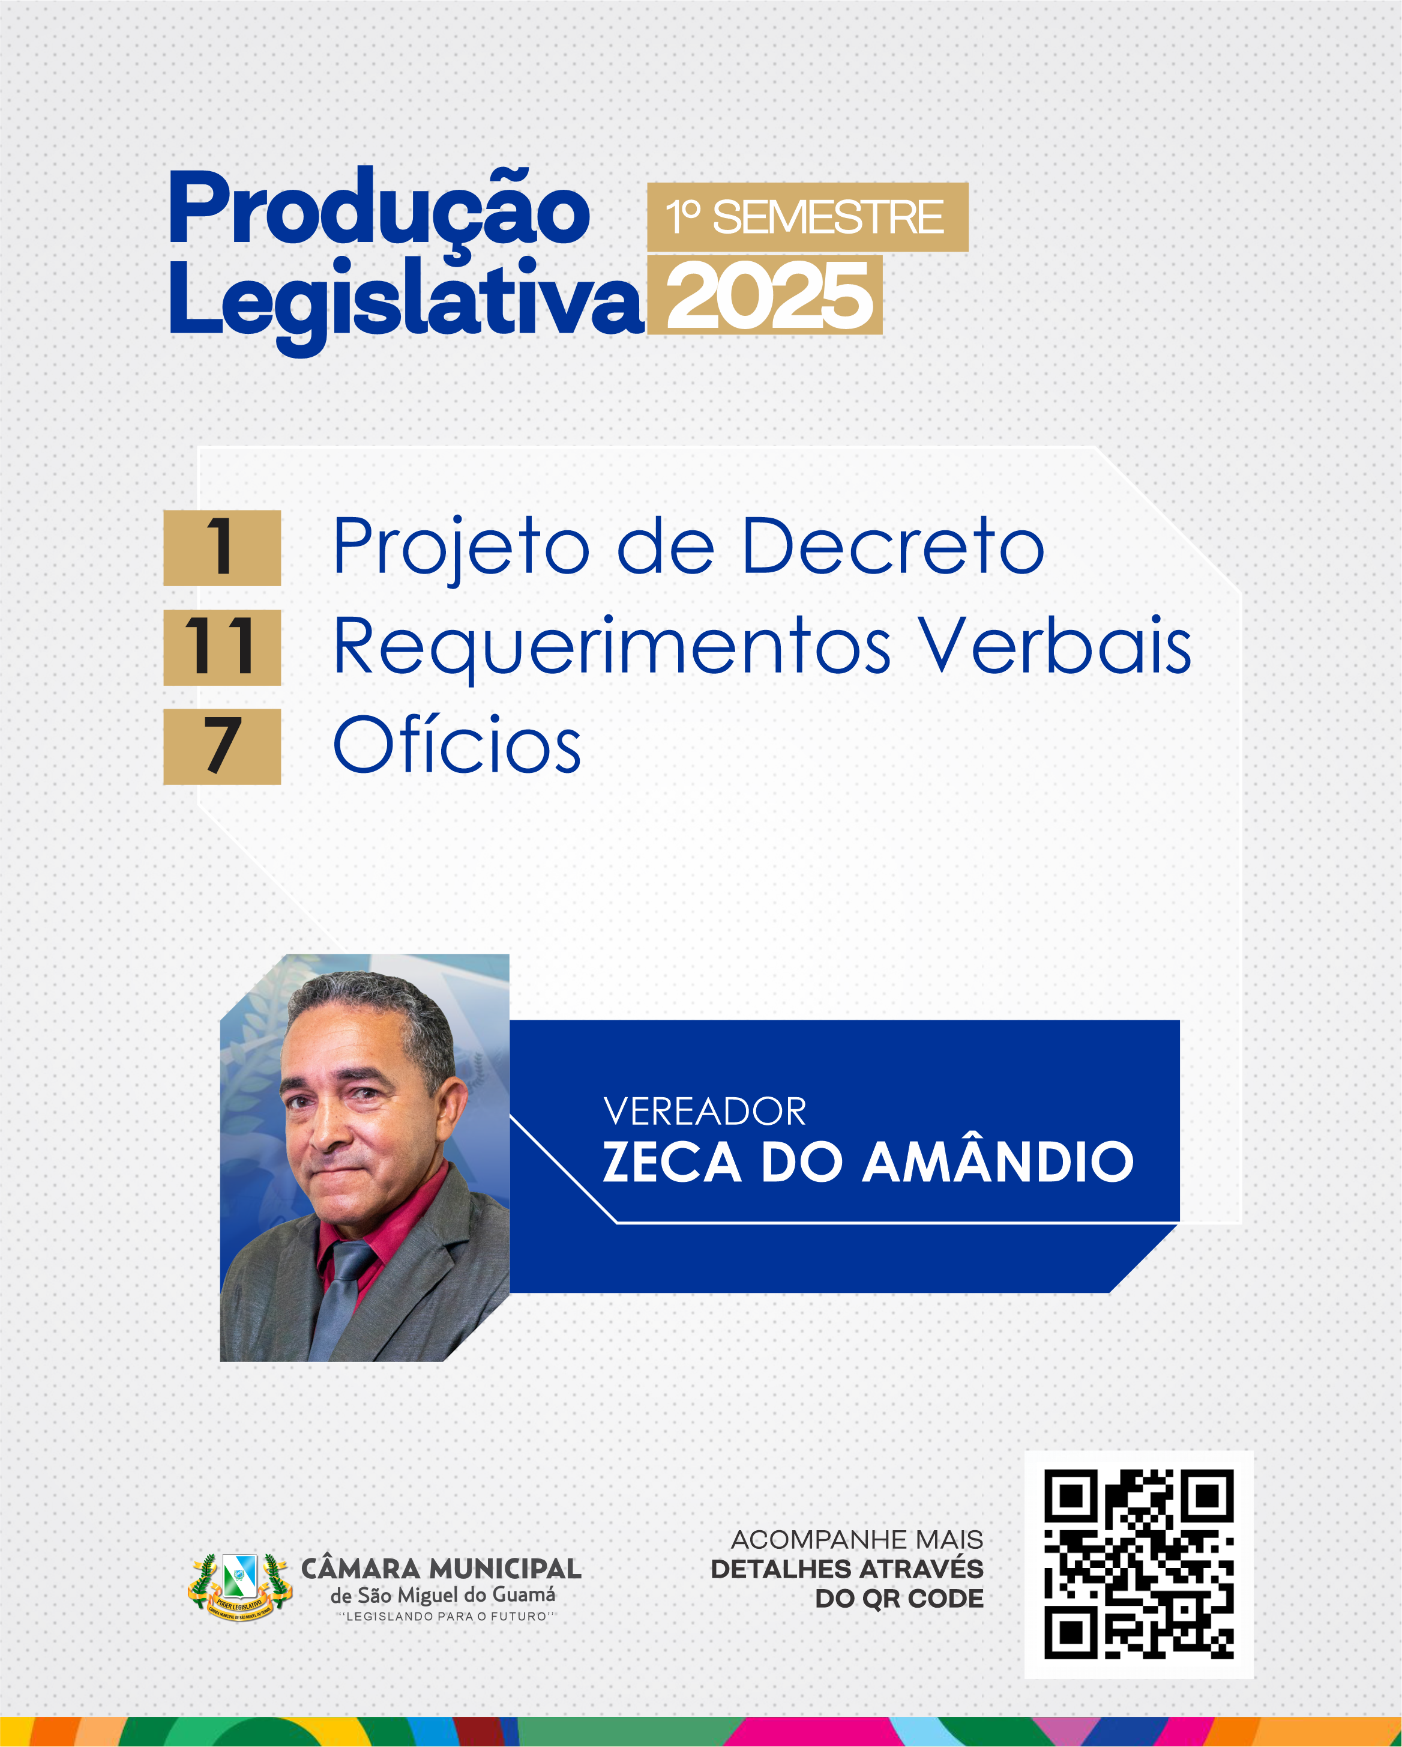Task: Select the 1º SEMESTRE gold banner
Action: click(807, 217)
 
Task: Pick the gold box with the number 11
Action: click(222, 647)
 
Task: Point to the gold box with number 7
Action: click(222, 746)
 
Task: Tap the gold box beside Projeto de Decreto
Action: click(222, 548)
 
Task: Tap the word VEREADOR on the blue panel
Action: click(705, 1111)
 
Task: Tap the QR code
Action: click(1138, 1564)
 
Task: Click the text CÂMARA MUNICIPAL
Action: click(441, 1568)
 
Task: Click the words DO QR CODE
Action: click(899, 1598)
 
